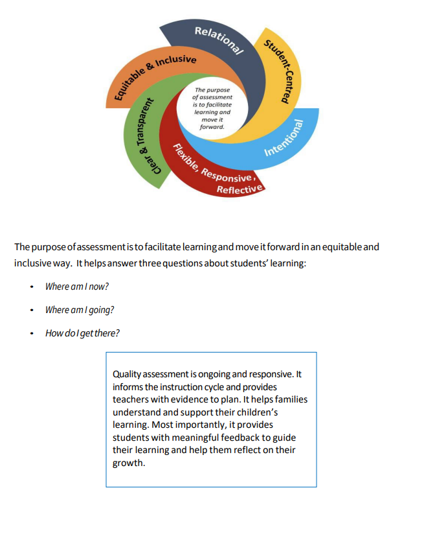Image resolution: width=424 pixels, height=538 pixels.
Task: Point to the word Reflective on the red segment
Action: coord(240,189)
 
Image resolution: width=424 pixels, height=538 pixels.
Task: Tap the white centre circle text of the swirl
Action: coord(212,108)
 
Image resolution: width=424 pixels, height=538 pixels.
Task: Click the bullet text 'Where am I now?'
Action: coord(77,286)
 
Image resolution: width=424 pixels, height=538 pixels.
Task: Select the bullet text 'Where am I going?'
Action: coord(80,310)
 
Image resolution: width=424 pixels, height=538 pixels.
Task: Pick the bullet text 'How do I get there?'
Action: coord(82,333)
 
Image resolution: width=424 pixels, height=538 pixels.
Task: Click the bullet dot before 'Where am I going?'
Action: coord(31,310)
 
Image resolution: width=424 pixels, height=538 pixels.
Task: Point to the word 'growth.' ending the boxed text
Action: coord(128,463)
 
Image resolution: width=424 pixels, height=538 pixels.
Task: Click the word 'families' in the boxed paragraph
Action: coord(289,399)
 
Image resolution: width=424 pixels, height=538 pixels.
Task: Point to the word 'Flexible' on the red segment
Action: coord(184,158)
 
